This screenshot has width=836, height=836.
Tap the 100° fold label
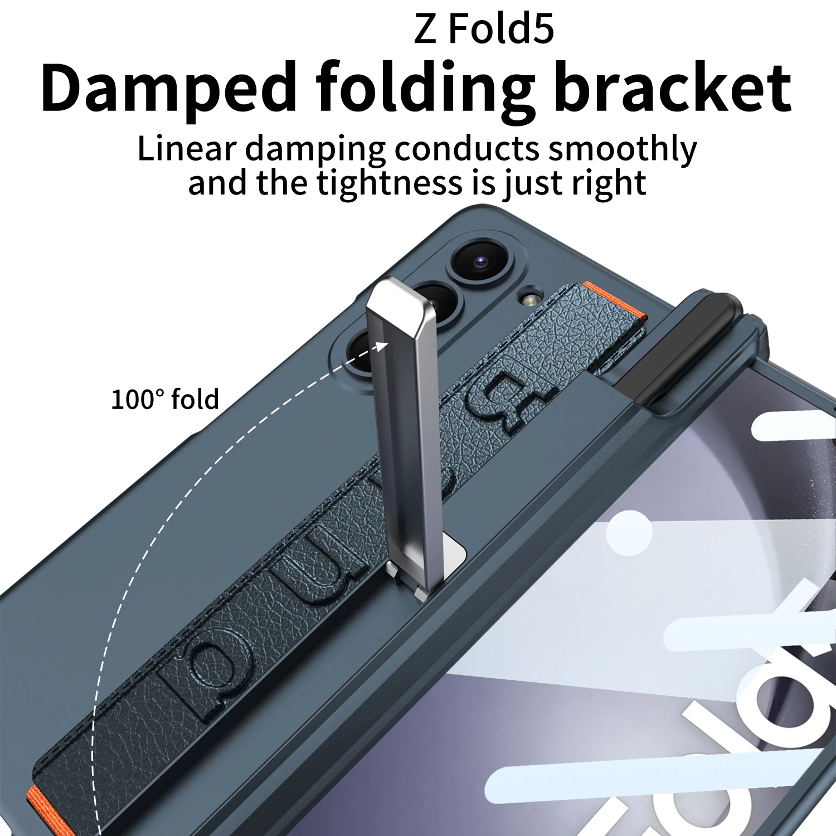(x=165, y=400)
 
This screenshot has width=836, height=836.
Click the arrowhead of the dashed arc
(x=381, y=346)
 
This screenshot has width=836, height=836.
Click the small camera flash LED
(x=530, y=299)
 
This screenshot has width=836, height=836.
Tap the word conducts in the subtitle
(x=467, y=149)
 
